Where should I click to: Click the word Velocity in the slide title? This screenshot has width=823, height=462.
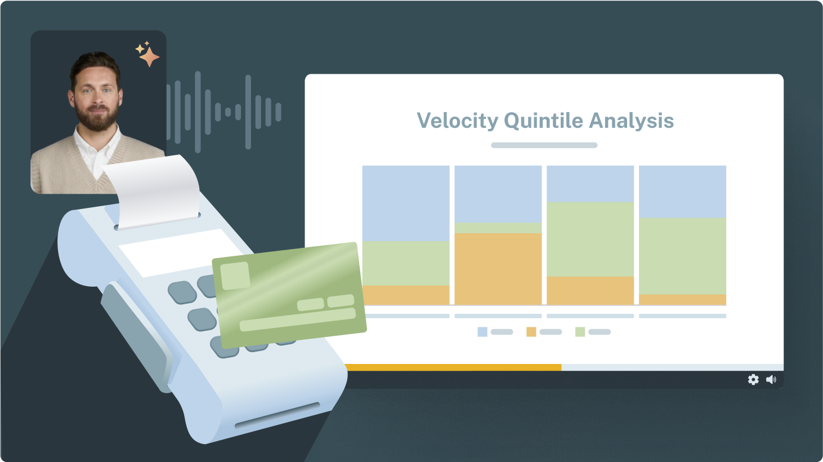(457, 121)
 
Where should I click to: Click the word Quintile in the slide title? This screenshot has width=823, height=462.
(543, 120)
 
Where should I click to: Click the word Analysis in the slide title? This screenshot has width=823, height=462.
(631, 121)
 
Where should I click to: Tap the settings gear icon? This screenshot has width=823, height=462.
(753, 379)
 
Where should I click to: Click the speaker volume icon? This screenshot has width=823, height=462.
(771, 379)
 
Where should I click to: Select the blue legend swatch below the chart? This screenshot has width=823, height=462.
(482, 332)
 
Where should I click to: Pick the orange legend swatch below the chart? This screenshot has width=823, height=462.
(531, 332)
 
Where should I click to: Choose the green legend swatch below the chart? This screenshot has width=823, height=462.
(580, 332)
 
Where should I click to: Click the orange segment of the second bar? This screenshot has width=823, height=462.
(498, 269)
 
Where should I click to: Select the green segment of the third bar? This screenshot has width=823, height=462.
(590, 239)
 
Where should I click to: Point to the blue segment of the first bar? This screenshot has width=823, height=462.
(406, 203)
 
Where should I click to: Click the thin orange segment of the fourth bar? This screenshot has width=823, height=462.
(682, 299)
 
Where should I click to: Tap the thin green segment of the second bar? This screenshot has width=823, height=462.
(498, 228)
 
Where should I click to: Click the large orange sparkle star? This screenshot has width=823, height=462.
(150, 57)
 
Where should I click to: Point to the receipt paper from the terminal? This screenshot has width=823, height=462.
(154, 191)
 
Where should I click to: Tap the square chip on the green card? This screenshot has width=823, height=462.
(235, 276)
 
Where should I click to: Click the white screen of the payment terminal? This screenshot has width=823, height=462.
(180, 252)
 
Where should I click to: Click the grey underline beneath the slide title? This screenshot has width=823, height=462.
(544, 145)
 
